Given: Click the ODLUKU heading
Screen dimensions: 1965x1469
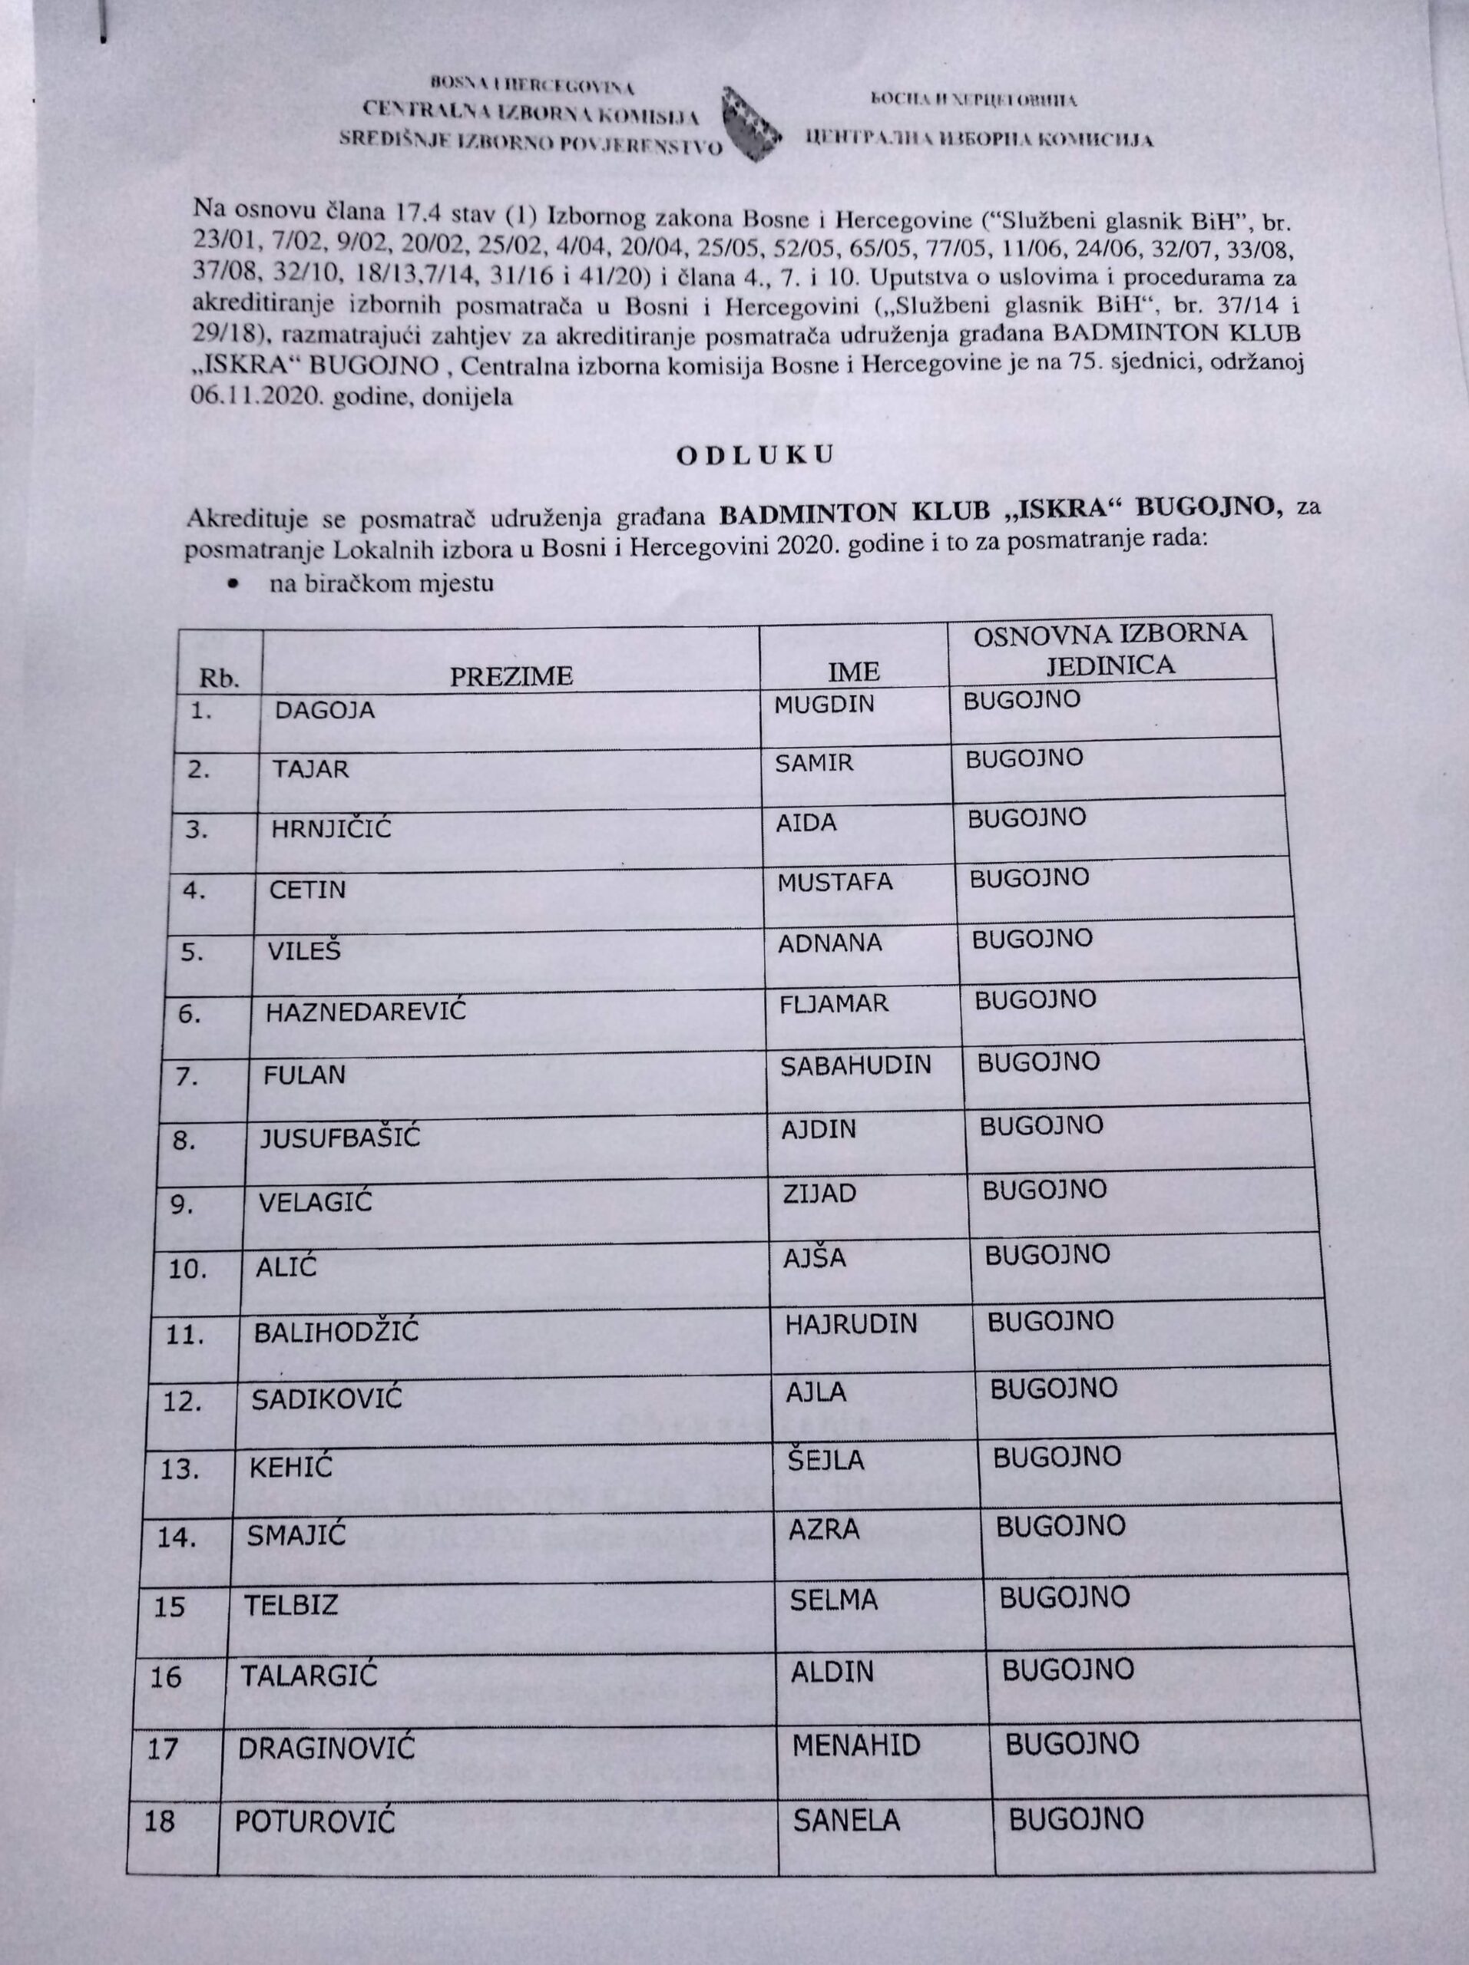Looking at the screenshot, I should (755, 456).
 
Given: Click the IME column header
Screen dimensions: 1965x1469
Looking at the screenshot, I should (853, 671).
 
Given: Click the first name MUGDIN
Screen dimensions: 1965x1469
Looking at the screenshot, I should (824, 705).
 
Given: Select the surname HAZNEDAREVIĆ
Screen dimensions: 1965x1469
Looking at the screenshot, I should (366, 1011).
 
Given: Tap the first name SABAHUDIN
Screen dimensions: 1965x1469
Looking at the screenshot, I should (855, 1065).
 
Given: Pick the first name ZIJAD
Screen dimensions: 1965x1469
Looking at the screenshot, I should (819, 1192).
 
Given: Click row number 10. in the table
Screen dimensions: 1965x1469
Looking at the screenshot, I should (187, 1269).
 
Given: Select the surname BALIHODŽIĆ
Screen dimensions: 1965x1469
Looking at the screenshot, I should (336, 1333).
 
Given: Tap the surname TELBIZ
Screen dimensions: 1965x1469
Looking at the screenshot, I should (292, 1605).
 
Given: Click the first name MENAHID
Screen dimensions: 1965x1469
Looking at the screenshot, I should (855, 1745).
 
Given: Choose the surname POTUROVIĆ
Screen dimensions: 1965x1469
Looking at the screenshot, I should (314, 1821).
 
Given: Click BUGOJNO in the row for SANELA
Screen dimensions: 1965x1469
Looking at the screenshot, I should (1075, 1818).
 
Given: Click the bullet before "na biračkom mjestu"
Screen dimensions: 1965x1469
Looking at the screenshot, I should (233, 583).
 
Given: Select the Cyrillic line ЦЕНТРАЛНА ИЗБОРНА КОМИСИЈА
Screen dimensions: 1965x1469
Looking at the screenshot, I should (978, 139).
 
